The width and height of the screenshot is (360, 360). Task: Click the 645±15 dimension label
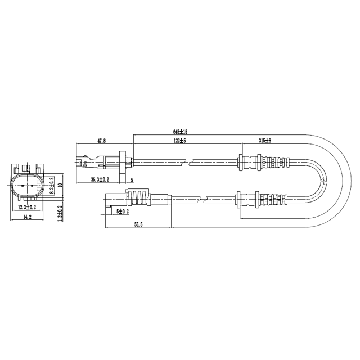coord(180,132)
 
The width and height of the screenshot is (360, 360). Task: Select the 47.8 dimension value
coord(101,141)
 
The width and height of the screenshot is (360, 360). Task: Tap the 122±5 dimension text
coord(179,141)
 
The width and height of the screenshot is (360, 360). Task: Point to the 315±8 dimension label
coord(265,141)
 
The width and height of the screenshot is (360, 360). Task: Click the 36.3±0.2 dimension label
coord(100,179)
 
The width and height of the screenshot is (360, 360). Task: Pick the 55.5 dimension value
coord(138,224)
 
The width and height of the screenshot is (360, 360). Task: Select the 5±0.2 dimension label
coord(123,211)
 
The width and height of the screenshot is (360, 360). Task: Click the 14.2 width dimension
coord(27,217)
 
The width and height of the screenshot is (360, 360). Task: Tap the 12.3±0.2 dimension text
coord(27,207)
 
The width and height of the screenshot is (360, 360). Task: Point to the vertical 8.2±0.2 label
coord(51,185)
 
